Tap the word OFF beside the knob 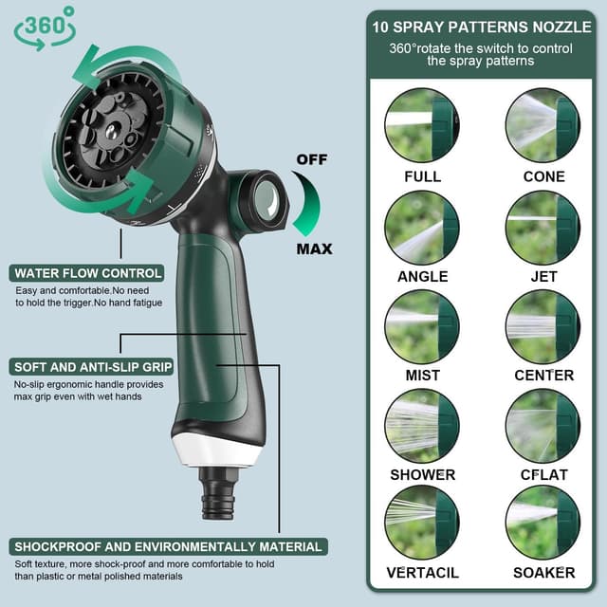click(312, 159)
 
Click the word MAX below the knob click(314, 248)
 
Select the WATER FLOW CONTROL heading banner click(86, 273)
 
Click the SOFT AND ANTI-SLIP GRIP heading click(91, 367)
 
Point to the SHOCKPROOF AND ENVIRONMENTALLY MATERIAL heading click(169, 546)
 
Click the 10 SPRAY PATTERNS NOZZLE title click(482, 28)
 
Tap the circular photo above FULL click(422, 125)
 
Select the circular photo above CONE click(543, 125)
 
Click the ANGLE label click(423, 276)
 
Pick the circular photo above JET click(543, 228)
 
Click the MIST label click(423, 376)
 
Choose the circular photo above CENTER click(543, 327)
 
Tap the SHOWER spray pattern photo click(422, 426)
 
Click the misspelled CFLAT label click(543, 474)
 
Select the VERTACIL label click(423, 573)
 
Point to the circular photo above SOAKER click(543, 523)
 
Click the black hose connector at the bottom click(217, 493)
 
